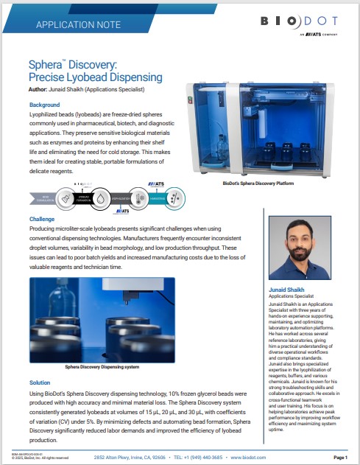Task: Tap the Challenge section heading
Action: coord(42,219)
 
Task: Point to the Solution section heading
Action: coord(40,382)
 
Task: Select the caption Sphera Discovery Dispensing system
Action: coord(102,366)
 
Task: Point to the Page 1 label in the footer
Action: coord(340,458)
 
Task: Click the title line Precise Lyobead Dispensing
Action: coord(95,77)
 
